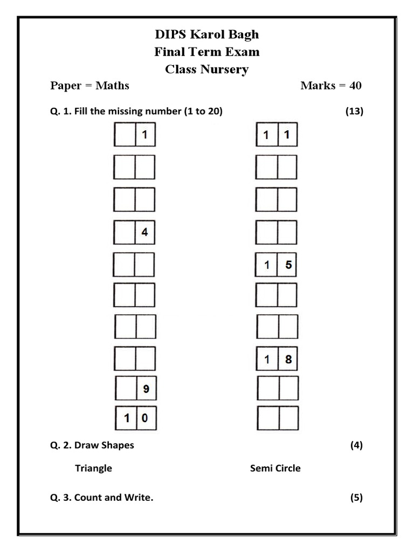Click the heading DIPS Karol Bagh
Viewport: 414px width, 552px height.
coord(207,34)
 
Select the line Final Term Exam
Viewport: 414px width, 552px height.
coord(207,52)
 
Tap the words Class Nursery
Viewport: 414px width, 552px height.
coord(207,69)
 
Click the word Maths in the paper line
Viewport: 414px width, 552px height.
coord(112,85)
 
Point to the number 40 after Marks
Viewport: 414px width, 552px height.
coord(354,85)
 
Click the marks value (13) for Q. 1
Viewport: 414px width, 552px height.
coord(354,112)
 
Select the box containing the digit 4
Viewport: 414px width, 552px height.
coord(144,233)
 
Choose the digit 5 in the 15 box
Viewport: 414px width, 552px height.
coord(288,266)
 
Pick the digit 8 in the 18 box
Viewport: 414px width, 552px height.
coord(288,360)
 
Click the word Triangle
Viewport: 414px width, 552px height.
coord(93,468)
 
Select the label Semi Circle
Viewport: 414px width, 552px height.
coord(275,468)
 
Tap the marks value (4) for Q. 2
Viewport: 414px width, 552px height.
coord(356,445)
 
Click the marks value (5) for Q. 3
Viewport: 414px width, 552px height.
coord(356,498)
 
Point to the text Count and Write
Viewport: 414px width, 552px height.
coord(114,498)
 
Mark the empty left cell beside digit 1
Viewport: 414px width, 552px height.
coord(125,135)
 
